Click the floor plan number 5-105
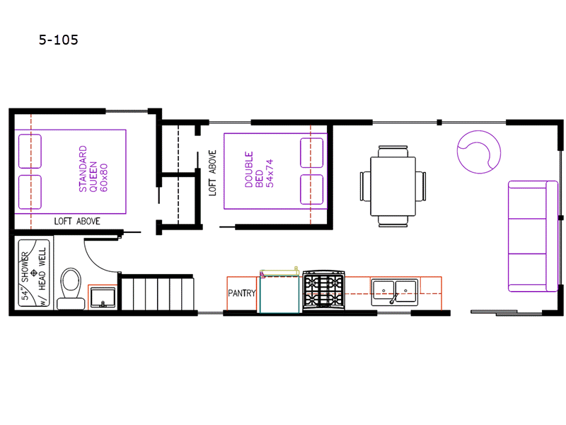tap(59, 40)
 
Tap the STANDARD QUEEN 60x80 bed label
tap(93, 169)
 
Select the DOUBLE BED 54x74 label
tap(259, 169)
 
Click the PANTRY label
tap(241, 293)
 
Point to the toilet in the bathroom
tap(71, 288)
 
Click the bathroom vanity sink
tap(103, 297)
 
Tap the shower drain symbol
tap(33, 273)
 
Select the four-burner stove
tap(324, 290)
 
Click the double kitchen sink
tap(395, 292)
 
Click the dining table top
tap(393, 186)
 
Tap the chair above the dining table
tap(393, 151)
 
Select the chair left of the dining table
tap(365, 186)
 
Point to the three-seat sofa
tap(533, 236)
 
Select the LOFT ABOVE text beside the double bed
tap(213, 173)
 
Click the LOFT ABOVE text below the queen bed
tap(77, 221)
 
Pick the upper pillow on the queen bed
tap(30, 151)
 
